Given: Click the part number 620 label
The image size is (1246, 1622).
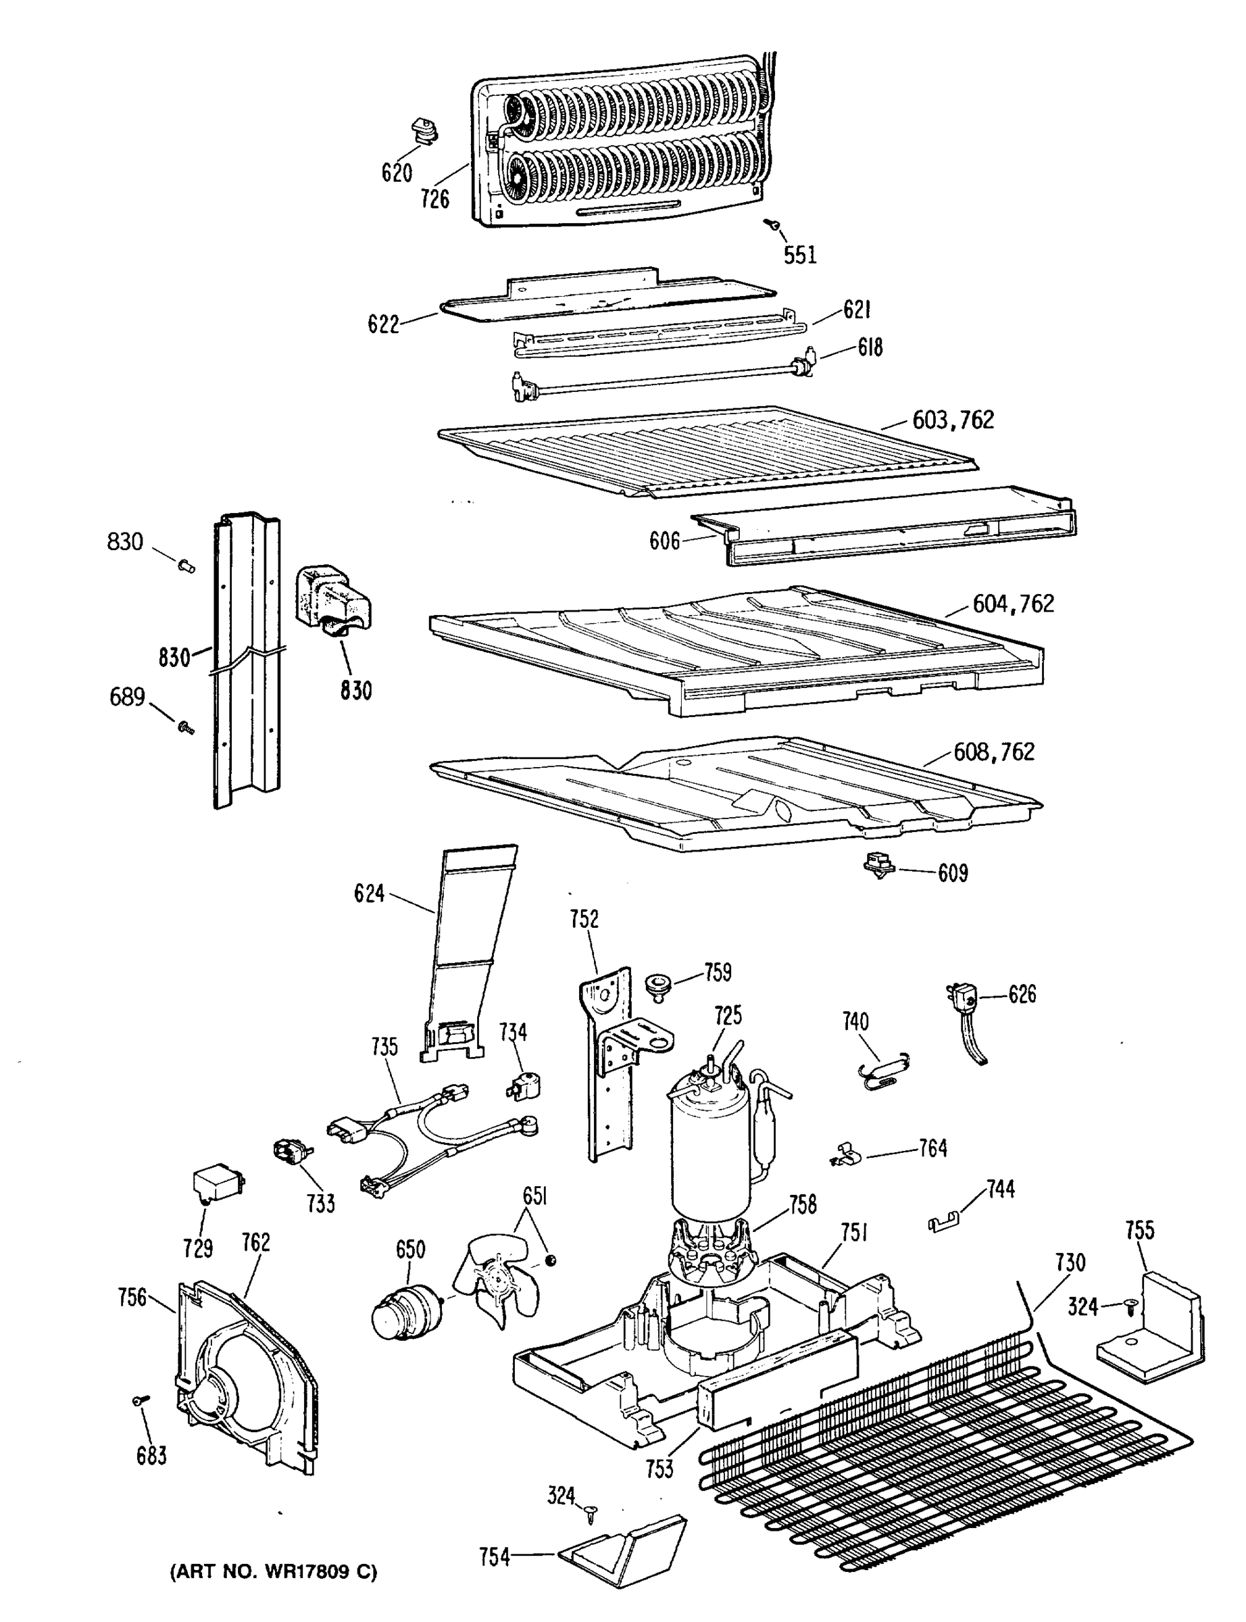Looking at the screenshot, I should [x=396, y=173].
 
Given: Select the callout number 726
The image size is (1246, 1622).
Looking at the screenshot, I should [x=434, y=199].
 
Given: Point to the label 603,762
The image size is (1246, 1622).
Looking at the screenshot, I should [x=953, y=420].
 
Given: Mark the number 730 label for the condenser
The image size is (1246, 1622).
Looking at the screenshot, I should [x=1070, y=1262].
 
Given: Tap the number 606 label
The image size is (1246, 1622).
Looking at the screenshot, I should [x=664, y=541].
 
